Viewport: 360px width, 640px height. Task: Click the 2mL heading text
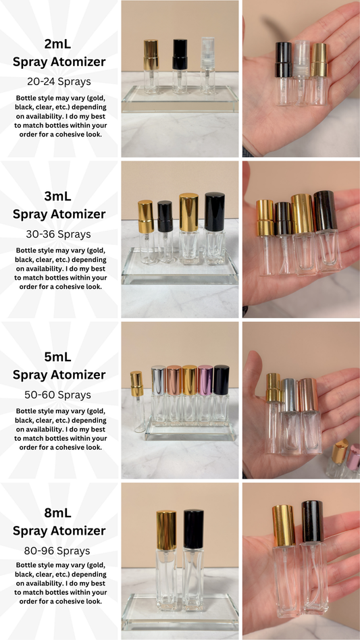(59, 45)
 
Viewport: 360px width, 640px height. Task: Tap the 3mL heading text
(59, 196)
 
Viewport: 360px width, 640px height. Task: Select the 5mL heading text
(59, 357)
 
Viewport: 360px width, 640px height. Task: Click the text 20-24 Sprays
(59, 81)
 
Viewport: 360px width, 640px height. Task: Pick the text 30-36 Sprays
(59, 233)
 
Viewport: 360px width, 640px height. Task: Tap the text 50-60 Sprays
(59, 394)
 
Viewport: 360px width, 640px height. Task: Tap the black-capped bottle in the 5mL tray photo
(221, 398)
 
